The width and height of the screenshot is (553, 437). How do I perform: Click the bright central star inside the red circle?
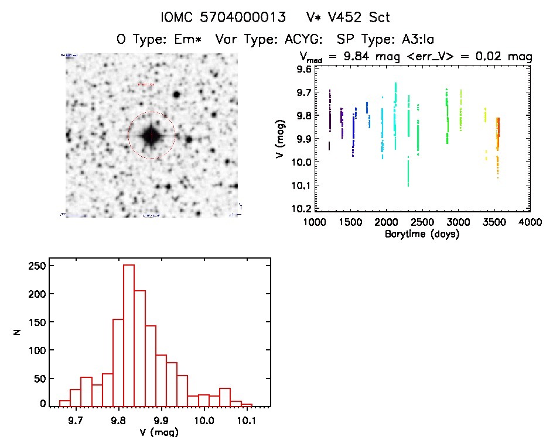(151, 136)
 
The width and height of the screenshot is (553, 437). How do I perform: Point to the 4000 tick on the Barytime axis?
(530, 223)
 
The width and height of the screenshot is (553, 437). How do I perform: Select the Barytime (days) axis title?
(422, 234)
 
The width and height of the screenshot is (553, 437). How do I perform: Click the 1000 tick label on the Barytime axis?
(315, 223)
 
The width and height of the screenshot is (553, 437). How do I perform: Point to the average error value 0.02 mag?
(508, 57)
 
